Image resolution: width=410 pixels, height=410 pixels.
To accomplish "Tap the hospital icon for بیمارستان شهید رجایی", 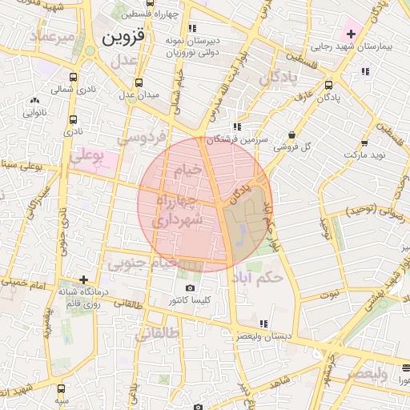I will point(351,34).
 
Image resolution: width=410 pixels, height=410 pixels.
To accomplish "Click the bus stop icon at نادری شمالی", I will point(74,78).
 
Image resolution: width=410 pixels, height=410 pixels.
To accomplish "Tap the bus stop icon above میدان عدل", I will point(139,82).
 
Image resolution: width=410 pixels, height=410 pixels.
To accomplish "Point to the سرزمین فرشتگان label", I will point(231,139).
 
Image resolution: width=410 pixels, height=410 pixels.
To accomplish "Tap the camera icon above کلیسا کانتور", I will point(189,288).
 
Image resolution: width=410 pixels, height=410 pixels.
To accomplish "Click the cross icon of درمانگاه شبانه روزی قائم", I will point(84,279).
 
